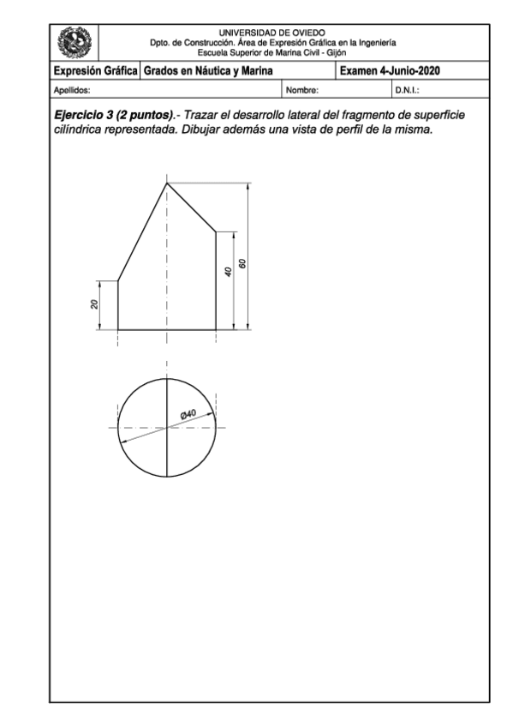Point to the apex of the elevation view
coord(167,182)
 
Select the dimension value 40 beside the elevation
coord(226,271)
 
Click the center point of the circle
coord(167,427)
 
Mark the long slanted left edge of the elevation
coord(142,231)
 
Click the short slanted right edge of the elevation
coord(191,207)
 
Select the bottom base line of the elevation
coord(167,329)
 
